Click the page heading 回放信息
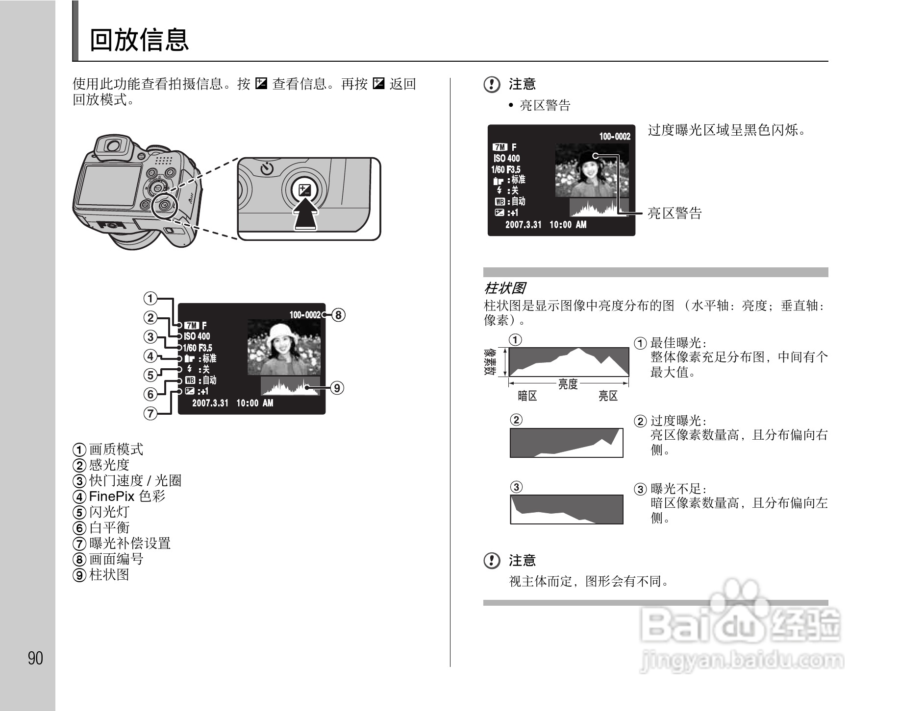coord(139,40)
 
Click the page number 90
coord(35,658)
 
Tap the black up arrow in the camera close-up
coord(305,216)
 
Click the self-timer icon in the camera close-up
coord(267,169)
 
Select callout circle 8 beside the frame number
coord(338,315)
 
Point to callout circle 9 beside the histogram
coord(337,388)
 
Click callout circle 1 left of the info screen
coord(150,298)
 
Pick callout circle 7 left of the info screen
coord(150,413)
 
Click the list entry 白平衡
coord(109,527)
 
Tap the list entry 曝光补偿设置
coord(129,543)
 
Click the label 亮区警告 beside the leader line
coord(675,213)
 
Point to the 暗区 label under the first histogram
coord(527,396)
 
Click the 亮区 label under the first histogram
coord(608,396)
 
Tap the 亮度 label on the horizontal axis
coord(568,384)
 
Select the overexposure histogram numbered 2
coord(567,443)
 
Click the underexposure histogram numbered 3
coord(567,509)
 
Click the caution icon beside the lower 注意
coord(492,560)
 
